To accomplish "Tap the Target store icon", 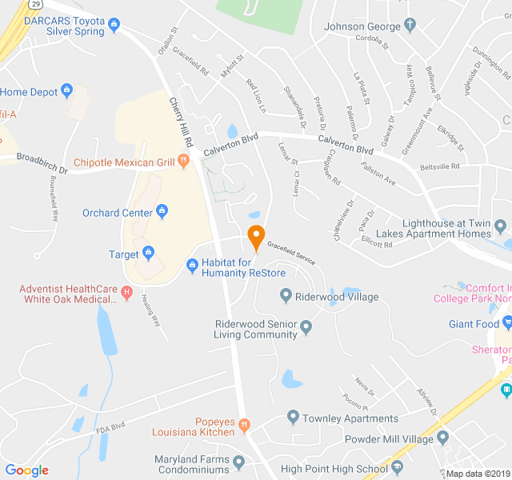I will [149, 254].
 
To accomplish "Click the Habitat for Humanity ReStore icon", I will [192, 265].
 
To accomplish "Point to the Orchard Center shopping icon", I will [162, 212].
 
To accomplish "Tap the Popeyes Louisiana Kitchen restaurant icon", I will [245, 423].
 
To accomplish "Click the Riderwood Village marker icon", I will [286, 297].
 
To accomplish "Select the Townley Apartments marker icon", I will [293, 418].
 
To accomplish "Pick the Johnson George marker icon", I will [410, 26].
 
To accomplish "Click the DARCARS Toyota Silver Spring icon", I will [114, 24].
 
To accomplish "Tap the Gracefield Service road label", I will [291, 252].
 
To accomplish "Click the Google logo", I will [27, 470].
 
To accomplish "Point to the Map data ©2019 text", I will [477, 473].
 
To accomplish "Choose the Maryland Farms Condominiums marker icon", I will [238, 461].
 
